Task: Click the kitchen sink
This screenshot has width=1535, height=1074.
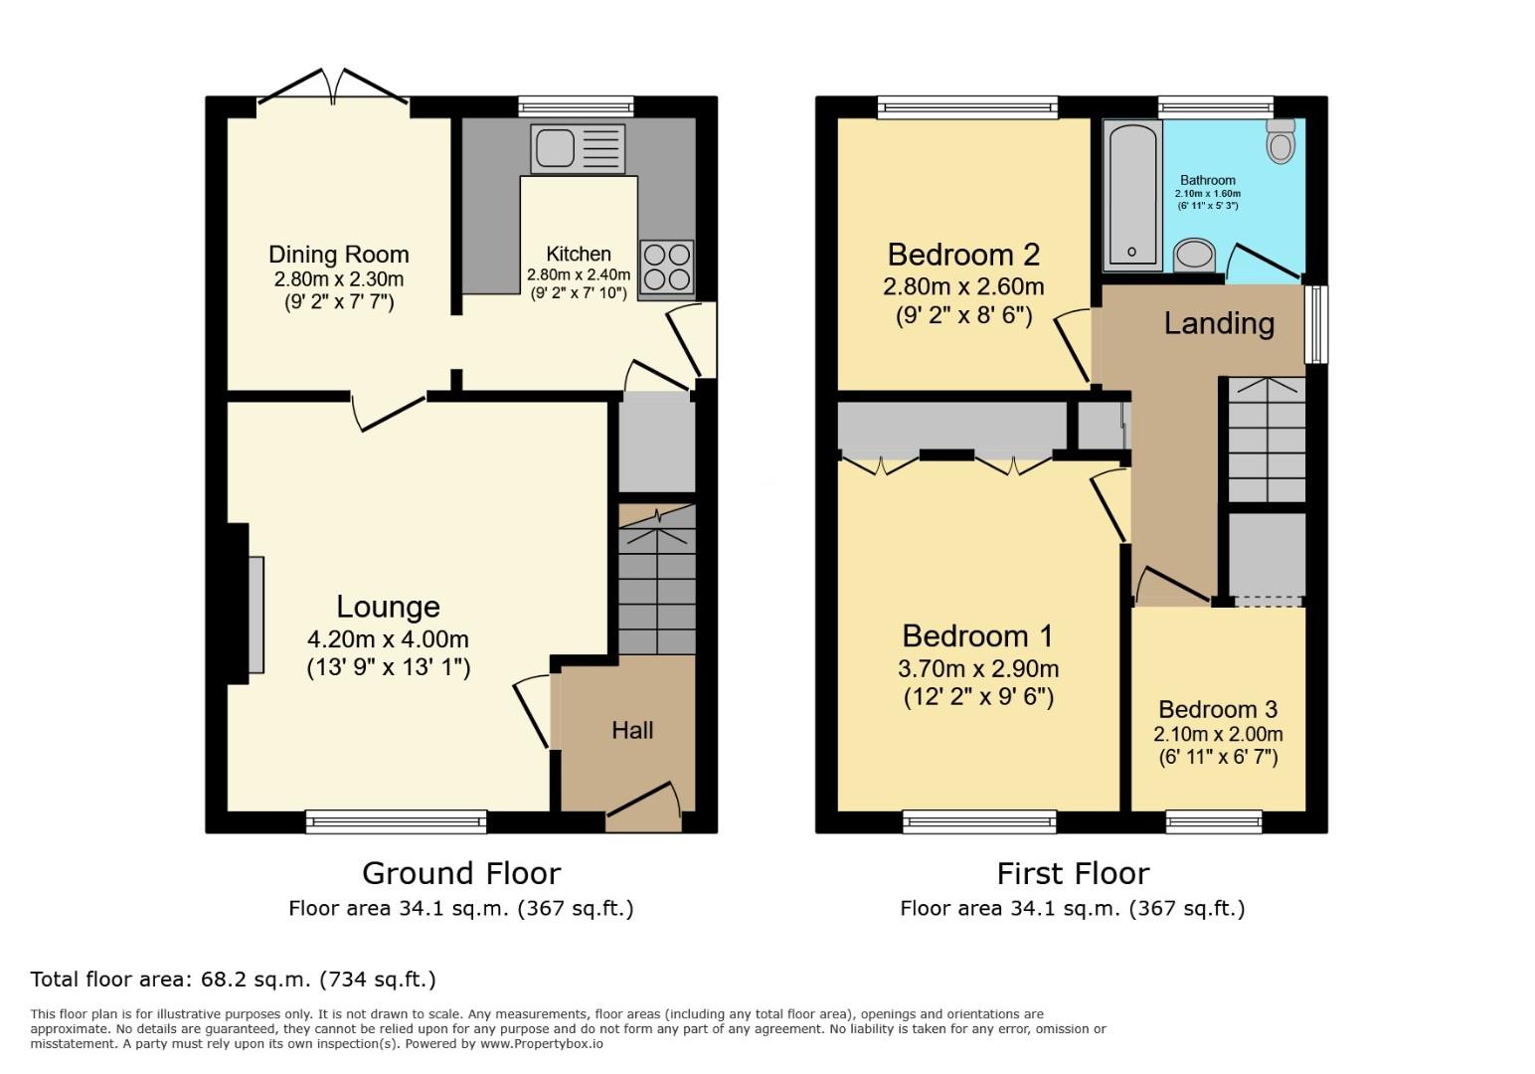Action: (x=578, y=148)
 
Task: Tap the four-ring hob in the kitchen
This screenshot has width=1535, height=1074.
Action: (x=665, y=267)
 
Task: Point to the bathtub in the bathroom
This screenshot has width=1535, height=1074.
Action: (x=1132, y=194)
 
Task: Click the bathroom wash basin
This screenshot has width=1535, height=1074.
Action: (x=1194, y=255)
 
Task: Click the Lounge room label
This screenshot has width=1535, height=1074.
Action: (x=388, y=607)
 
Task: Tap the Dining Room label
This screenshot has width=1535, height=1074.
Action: (x=339, y=255)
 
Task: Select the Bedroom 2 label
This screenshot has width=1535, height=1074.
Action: (x=963, y=255)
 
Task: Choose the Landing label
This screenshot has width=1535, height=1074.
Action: (x=1219, y=323)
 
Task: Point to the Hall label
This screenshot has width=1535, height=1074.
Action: (x=632, y=731)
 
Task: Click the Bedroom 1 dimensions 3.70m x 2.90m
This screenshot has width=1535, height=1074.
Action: (x=977, y=669)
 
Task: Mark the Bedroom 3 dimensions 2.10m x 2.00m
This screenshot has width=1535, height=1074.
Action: (x=1218, y=735)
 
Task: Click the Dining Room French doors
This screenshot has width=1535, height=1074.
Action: (x=333, y=88)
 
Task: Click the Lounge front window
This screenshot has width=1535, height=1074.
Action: (x=397, y=821)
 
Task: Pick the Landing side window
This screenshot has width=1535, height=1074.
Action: (x=1316, y=324)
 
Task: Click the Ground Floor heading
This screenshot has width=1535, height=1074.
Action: (x=461, y=873)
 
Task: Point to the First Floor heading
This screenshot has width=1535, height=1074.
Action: (x=1073, y=873)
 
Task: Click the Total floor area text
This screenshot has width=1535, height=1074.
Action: (x=234, y=980)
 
